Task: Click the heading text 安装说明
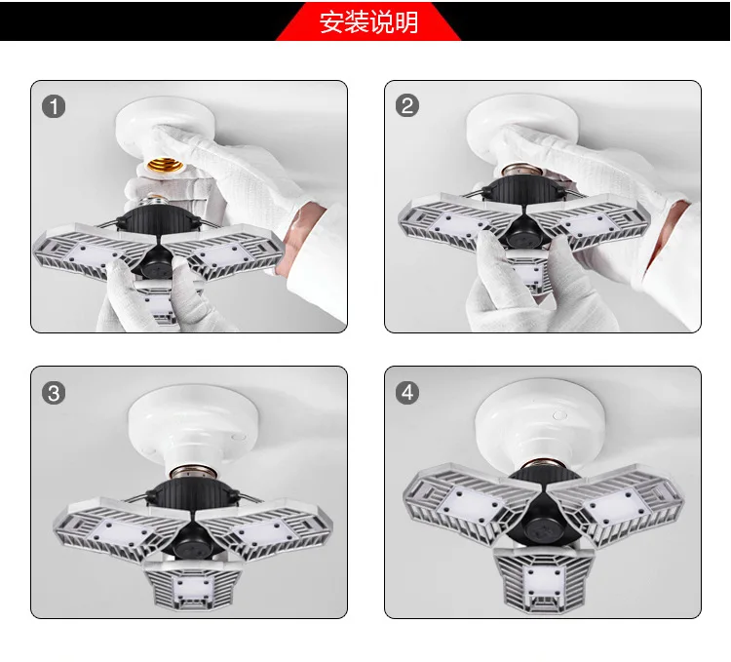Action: (368, 22)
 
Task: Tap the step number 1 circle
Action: (54, 106)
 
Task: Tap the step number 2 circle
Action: (407, 105)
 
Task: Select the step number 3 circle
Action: (54, 393)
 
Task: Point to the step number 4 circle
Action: (407, 393)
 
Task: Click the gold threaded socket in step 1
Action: (164, 165)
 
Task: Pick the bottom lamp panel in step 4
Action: (543, 578)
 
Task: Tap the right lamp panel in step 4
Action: (618, 503)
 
